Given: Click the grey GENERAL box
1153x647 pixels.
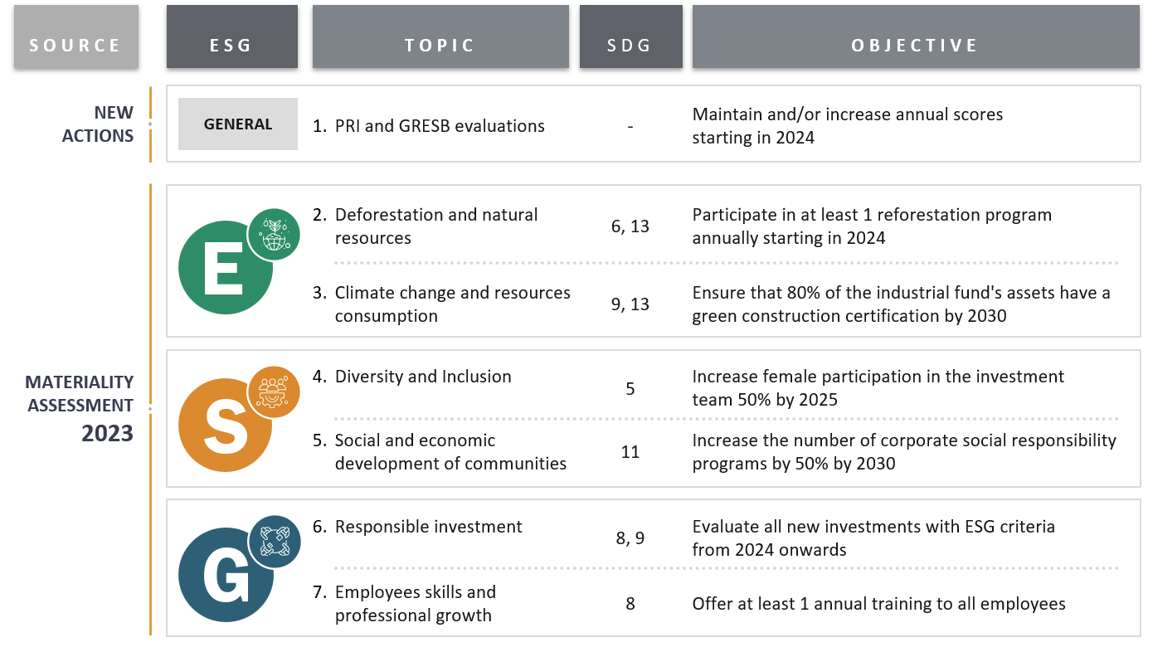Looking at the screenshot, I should click(x=238, y=124).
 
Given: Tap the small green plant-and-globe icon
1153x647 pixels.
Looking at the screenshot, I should click(x=274, y=235).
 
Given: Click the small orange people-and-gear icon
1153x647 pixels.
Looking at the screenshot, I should click(x=274, y=392).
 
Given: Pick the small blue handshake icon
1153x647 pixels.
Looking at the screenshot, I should click(x=274, y=542).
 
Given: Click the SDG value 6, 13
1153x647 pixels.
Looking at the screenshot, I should click(x=630, y=226).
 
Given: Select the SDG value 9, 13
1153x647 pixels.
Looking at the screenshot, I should click(x=630, y=304).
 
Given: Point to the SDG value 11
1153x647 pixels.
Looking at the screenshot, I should click(x=630, y=452).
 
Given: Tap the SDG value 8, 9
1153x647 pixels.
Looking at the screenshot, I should click(x=630, y=538).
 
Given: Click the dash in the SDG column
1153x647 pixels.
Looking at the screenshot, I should click(x=630, y=127).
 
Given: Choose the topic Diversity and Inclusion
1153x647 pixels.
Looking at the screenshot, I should click(x=422, y=377).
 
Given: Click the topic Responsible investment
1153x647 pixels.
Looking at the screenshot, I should click(x=428, y=527).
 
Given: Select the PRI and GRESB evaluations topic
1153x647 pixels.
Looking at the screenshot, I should click(x=439, y=126).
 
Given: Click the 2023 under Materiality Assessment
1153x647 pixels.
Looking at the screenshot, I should click(x=107, y=433).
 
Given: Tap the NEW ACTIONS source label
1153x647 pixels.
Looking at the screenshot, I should click(x=98, y=124).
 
